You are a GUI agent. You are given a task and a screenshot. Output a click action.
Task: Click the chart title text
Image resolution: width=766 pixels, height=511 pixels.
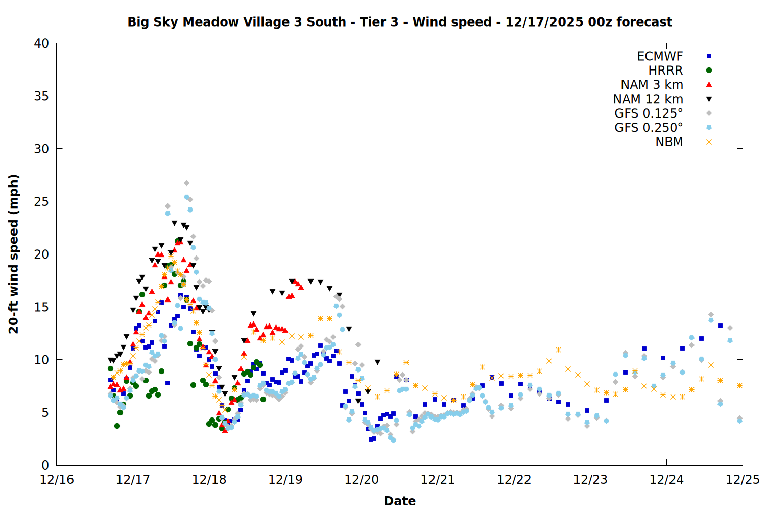(399, 22)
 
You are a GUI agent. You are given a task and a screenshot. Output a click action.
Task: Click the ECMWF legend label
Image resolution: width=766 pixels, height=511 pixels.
(660, 56)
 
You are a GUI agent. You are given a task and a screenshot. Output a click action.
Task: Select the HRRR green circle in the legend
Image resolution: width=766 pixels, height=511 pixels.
(709, 71)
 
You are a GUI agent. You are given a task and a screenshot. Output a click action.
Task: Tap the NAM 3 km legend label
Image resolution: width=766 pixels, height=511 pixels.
(652, 85)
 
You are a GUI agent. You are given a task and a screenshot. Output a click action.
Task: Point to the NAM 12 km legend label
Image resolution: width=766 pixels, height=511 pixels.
(648, 99)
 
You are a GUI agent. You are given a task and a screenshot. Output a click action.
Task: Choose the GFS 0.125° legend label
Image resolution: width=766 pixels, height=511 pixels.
(649, 113)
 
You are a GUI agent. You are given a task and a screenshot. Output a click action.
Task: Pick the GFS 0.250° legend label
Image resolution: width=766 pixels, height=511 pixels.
(649, 128)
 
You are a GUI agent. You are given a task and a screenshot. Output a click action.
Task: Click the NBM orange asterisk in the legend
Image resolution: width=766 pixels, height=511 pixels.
(709, 142)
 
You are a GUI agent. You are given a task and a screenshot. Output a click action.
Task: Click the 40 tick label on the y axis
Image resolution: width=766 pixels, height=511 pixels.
(41, 43)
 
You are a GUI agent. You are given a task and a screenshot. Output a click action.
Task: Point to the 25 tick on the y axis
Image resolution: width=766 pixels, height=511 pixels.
(41, 201)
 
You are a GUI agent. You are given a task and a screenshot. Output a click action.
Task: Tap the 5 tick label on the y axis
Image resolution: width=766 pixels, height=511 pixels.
(45, 412)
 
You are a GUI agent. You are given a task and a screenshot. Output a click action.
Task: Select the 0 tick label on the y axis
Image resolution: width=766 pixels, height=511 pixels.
(45, 465)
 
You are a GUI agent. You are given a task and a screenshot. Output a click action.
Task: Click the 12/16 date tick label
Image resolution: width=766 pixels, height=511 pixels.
(57, 480)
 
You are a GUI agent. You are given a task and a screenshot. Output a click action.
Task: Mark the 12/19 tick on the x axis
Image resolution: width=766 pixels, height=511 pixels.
(285, 480)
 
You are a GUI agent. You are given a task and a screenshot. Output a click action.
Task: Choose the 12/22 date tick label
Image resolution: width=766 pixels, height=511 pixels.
(514, 480)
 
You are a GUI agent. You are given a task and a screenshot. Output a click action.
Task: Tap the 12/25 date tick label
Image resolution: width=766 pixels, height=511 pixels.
(743, 480)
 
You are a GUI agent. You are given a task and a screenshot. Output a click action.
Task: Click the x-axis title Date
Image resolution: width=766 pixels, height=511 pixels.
(399, 501)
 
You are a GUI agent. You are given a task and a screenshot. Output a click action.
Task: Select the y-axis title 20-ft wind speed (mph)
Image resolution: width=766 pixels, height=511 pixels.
(14, 254)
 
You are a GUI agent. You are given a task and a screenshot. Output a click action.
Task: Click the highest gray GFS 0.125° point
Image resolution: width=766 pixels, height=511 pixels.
(186, 183)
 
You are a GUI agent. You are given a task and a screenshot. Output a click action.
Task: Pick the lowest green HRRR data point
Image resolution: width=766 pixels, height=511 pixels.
(117, 426)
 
